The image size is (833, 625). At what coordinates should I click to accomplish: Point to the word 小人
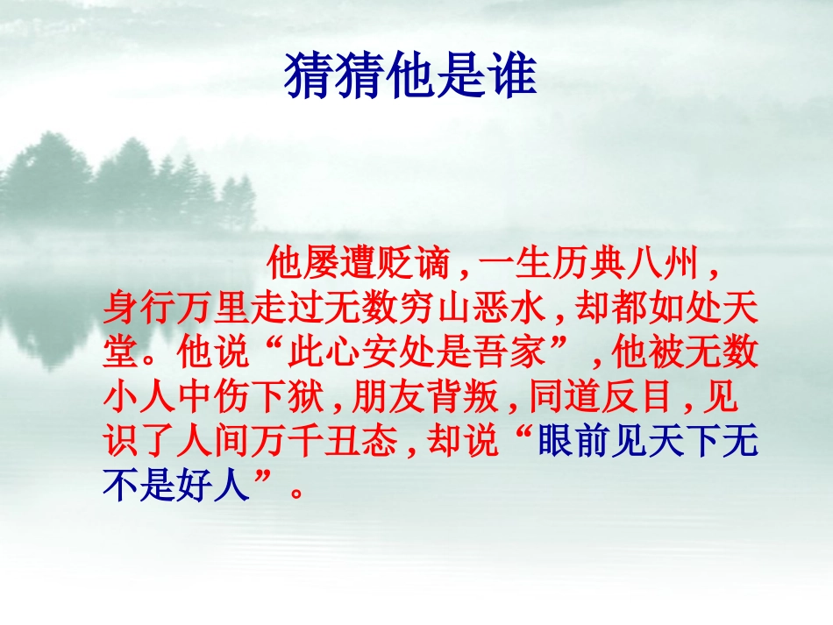(139, 400)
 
